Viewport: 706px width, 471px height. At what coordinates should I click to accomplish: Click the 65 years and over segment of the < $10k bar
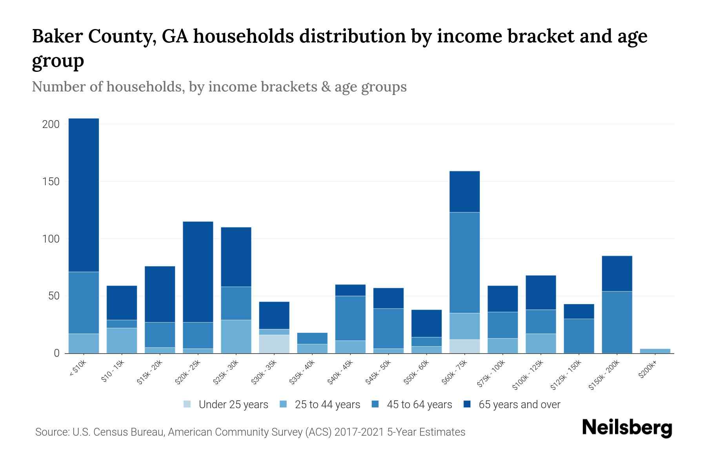pos(84,195)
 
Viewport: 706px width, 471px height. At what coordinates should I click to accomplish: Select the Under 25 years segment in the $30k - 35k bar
pos(274,344)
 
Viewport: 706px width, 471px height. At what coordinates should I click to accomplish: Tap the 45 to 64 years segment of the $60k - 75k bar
pos(464,263)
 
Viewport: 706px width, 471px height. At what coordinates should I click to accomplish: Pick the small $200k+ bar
pos(655,351)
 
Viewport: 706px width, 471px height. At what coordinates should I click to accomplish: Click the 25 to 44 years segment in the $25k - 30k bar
pos(236,336)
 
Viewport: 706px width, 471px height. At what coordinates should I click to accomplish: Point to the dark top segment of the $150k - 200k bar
pos(617,274)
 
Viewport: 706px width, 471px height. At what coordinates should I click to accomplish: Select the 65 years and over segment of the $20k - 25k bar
pos(198,272)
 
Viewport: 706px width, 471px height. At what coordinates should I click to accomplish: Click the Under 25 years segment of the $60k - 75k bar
pos(464,346)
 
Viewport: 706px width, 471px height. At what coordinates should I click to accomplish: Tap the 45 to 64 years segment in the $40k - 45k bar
pos(350,318)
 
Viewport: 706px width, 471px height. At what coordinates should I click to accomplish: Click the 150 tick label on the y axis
pos(51,182)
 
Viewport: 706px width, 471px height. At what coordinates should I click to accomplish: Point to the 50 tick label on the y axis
pos(54,296)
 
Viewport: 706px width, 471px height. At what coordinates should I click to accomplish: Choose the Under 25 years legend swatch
pos(187,404)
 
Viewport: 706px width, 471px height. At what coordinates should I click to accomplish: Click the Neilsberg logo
pos(627,428)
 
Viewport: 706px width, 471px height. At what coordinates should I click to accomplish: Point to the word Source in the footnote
pos(51,432)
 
